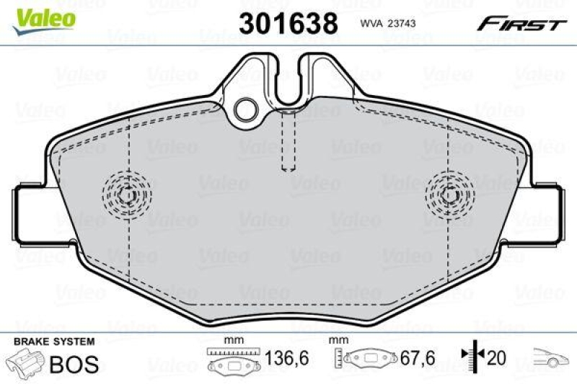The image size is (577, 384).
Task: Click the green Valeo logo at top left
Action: (45, 16)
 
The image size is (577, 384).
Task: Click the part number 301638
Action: (288, 23)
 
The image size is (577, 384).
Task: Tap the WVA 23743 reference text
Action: (387, 23)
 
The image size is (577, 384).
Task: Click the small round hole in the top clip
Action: (247, 110)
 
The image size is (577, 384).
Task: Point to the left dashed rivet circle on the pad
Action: (128, 194)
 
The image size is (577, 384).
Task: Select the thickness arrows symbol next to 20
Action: (470, 357)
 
